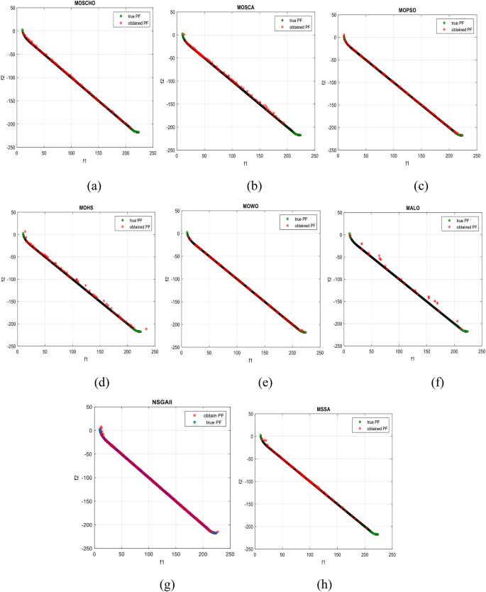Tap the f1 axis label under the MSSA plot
pyautogui.click(x=324, y=561)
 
